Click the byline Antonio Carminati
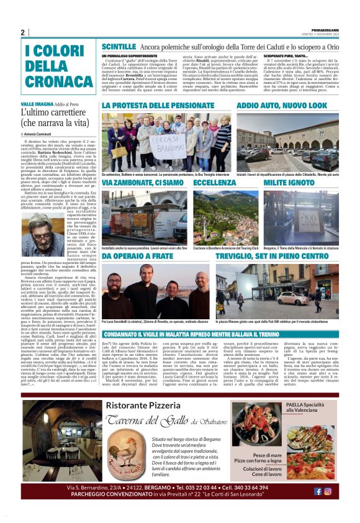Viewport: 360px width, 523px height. [x=39, y=134]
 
